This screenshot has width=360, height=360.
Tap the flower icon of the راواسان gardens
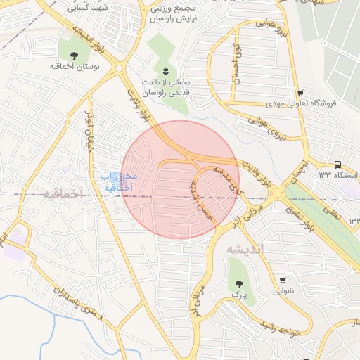165,71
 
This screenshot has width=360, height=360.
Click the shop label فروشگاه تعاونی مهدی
301,103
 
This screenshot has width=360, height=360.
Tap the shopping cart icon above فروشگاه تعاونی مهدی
300,92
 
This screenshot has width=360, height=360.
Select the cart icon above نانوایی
283,280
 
